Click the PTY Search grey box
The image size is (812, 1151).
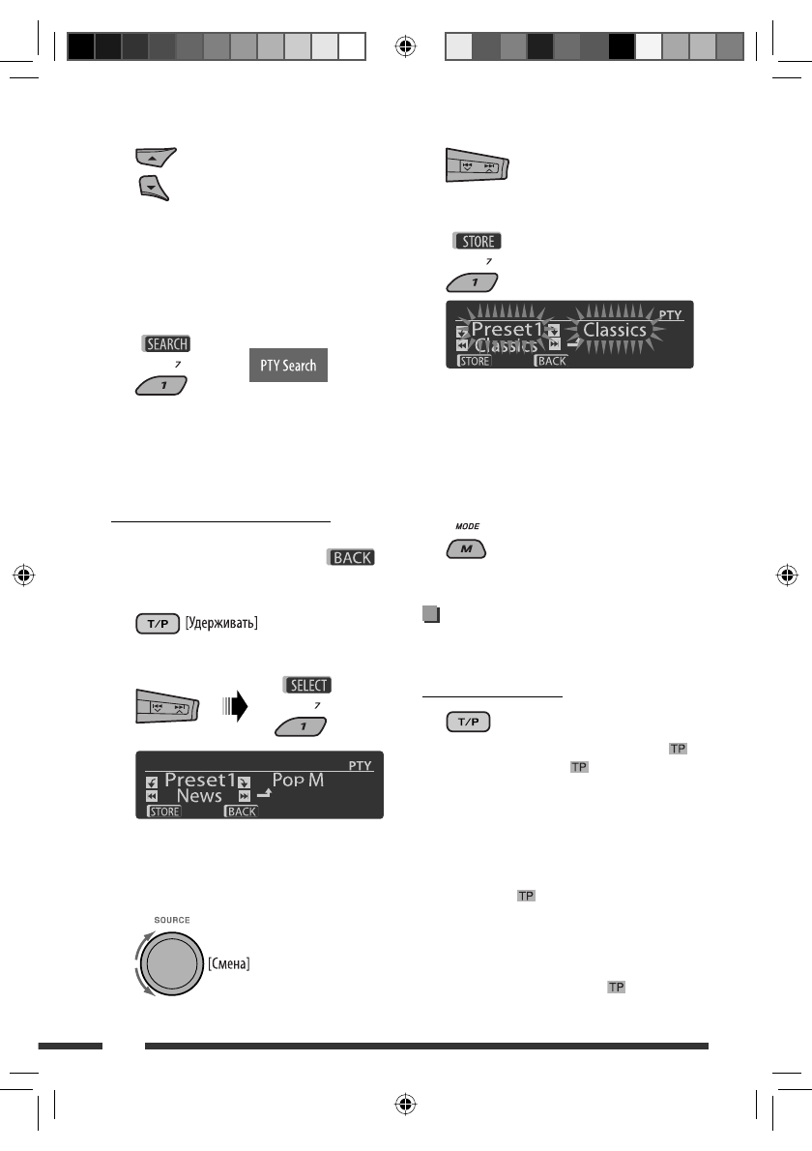point(288,367)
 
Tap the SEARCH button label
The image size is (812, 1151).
point(165,343)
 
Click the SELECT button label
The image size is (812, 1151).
point(308,685)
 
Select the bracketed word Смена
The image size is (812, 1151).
point(229,963)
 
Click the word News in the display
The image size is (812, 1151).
point(199,796)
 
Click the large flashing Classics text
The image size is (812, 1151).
point(615,330)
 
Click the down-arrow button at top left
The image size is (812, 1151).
point(153,185)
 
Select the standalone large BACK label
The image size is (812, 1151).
point(353,558)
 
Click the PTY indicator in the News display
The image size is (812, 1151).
point(360,765)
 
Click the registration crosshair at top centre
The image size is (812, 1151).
point(406,45)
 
